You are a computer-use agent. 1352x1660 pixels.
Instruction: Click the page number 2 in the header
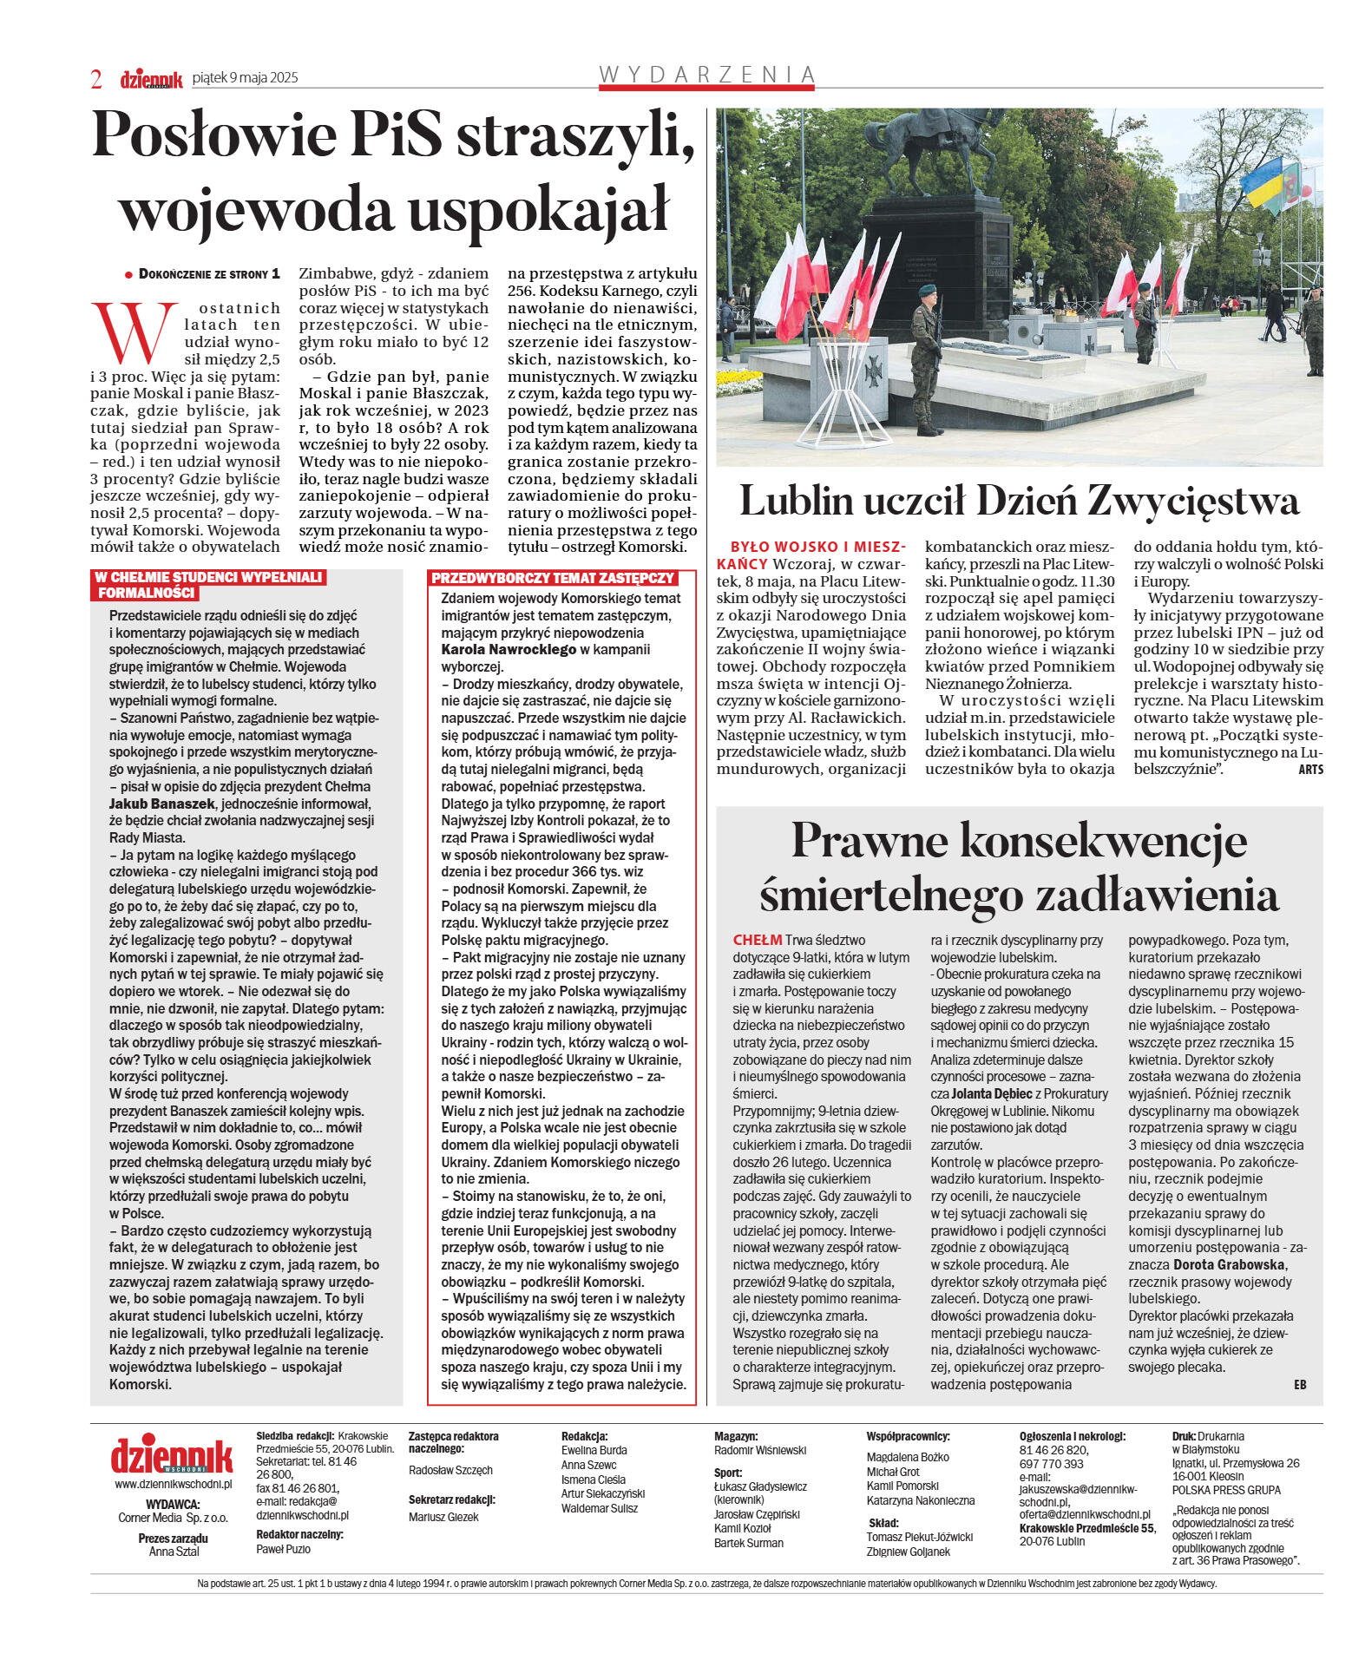tap(96, 79)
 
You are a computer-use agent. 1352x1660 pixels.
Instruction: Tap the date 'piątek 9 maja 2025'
tap(245, 77)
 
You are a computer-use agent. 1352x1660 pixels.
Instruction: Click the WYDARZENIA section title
tap(707, 75)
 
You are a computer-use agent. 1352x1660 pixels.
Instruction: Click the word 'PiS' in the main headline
tap(394, 135)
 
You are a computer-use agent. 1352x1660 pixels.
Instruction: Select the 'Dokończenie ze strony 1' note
tap(209, 274)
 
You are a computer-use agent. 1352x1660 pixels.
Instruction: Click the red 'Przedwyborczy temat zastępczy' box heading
tap(553, 577)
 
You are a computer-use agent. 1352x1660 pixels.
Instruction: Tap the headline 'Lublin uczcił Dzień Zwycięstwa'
tap(1019, 501)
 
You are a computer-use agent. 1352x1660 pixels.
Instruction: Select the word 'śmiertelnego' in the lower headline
tap(887, 895)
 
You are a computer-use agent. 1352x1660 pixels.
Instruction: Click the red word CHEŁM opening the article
tap(757, 940)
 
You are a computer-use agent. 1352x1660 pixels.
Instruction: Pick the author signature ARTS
tap(1310, 770)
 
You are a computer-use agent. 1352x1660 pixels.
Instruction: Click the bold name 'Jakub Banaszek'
tap(161, 804)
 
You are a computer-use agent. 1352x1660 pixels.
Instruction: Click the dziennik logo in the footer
tap(172, 1455)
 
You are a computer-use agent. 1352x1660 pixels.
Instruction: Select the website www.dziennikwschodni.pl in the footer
tap(173, 1484)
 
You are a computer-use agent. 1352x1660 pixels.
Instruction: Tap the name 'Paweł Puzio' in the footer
tap(283, 1549)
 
